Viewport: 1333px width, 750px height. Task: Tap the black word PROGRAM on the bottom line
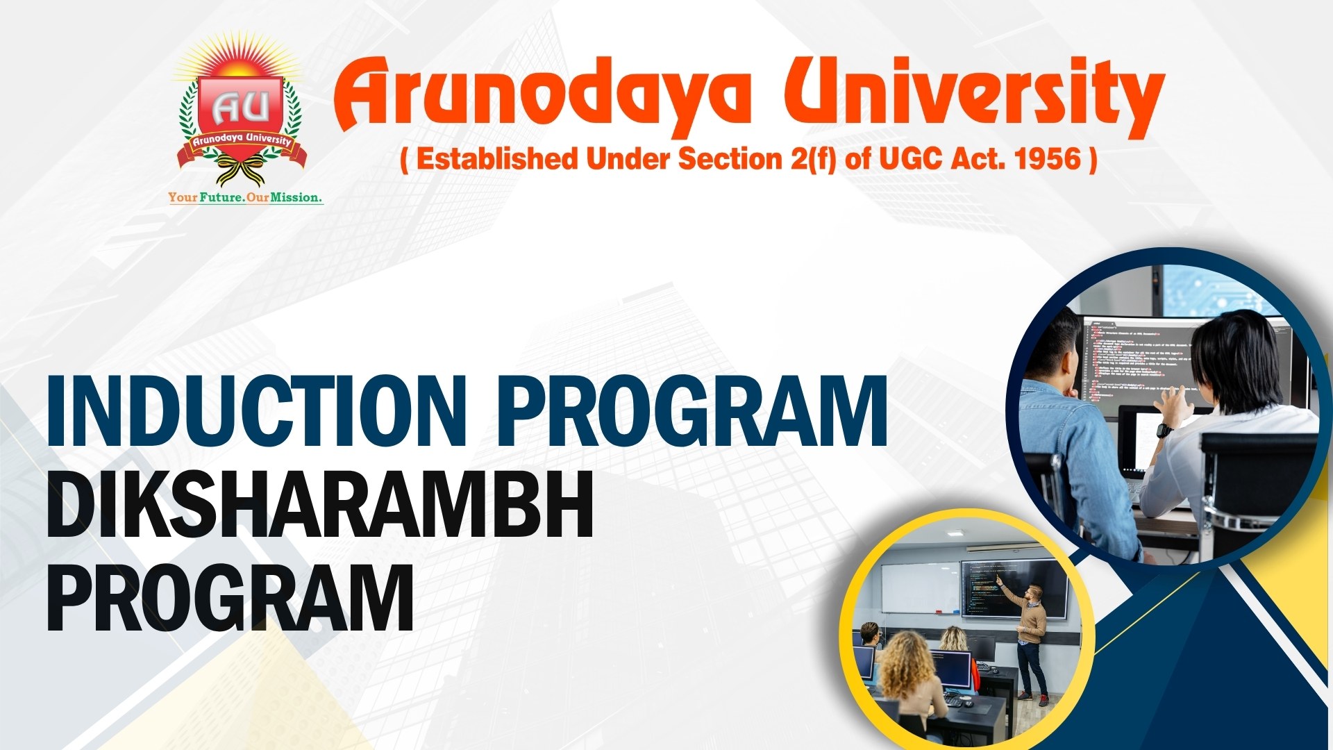[x=230, y=597]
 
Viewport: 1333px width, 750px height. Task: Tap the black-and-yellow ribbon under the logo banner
[x=240, y=170]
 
